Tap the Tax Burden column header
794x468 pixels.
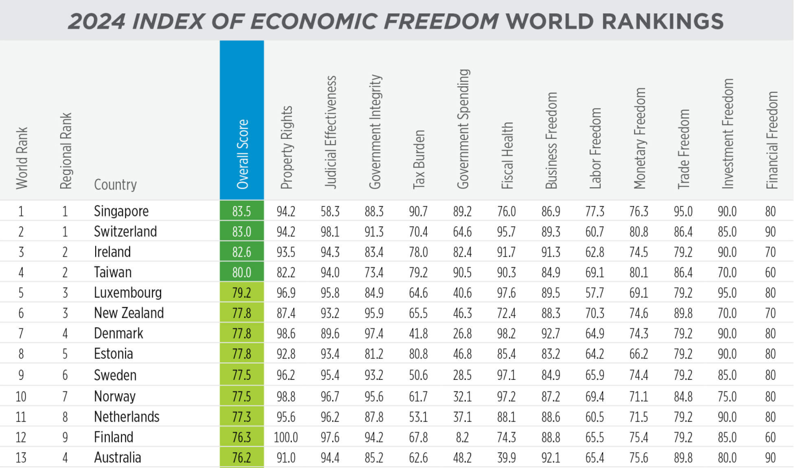419,159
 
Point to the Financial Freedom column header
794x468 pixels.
772,140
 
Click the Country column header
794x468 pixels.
115,184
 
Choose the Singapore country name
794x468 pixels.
121,211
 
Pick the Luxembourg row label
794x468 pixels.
128,292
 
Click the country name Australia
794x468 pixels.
117,457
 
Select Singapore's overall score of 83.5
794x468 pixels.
242,211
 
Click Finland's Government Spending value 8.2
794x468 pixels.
462,437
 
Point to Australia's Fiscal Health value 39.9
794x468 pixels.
507,458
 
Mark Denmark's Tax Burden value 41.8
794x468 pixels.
418,334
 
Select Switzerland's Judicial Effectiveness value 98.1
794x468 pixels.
330,232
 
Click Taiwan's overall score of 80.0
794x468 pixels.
242,273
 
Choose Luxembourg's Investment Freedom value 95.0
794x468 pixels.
727,292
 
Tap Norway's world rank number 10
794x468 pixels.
20,397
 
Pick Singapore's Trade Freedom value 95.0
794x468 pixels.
684,211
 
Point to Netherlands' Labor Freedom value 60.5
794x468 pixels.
595,417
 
